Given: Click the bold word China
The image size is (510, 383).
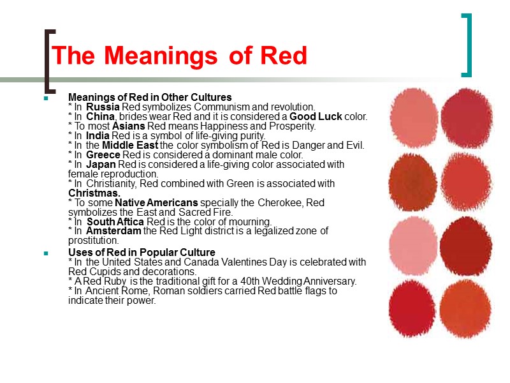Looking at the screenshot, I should pos(101,116).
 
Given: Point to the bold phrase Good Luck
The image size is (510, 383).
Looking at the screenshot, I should pos(316,116).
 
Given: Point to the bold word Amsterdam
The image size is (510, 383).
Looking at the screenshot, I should pos(113,230).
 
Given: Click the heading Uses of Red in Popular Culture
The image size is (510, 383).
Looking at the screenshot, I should pos(142,253).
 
